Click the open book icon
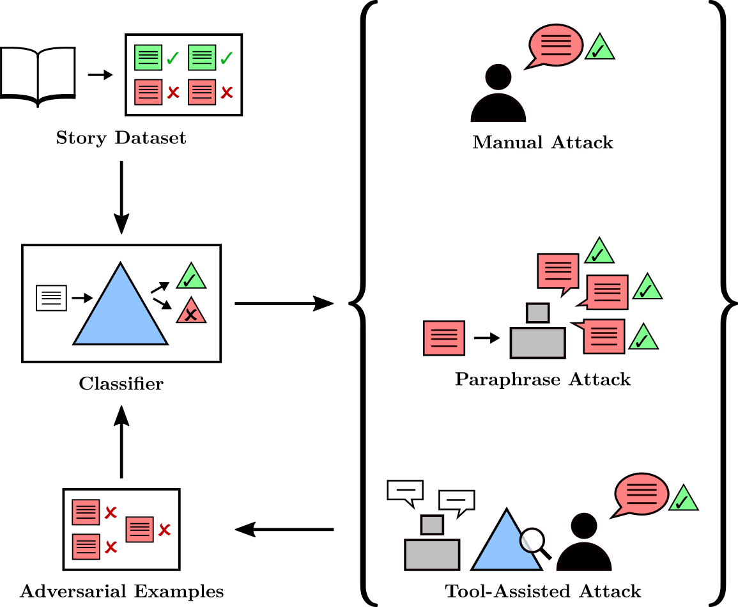point(38,75)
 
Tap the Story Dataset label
point(121,138)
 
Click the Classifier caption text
point(121,384)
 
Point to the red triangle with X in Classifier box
point(190,313)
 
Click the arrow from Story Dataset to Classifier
point(121,197)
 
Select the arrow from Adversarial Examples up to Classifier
point(121,441)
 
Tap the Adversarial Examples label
point(121,591)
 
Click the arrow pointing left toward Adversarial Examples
point(284,530)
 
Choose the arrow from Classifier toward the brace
point(284,303)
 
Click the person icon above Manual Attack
point(498,96)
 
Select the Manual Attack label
point(542,142)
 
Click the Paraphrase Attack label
point(542,380)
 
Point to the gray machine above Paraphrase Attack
point(537,334)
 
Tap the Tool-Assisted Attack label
point(542,590)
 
